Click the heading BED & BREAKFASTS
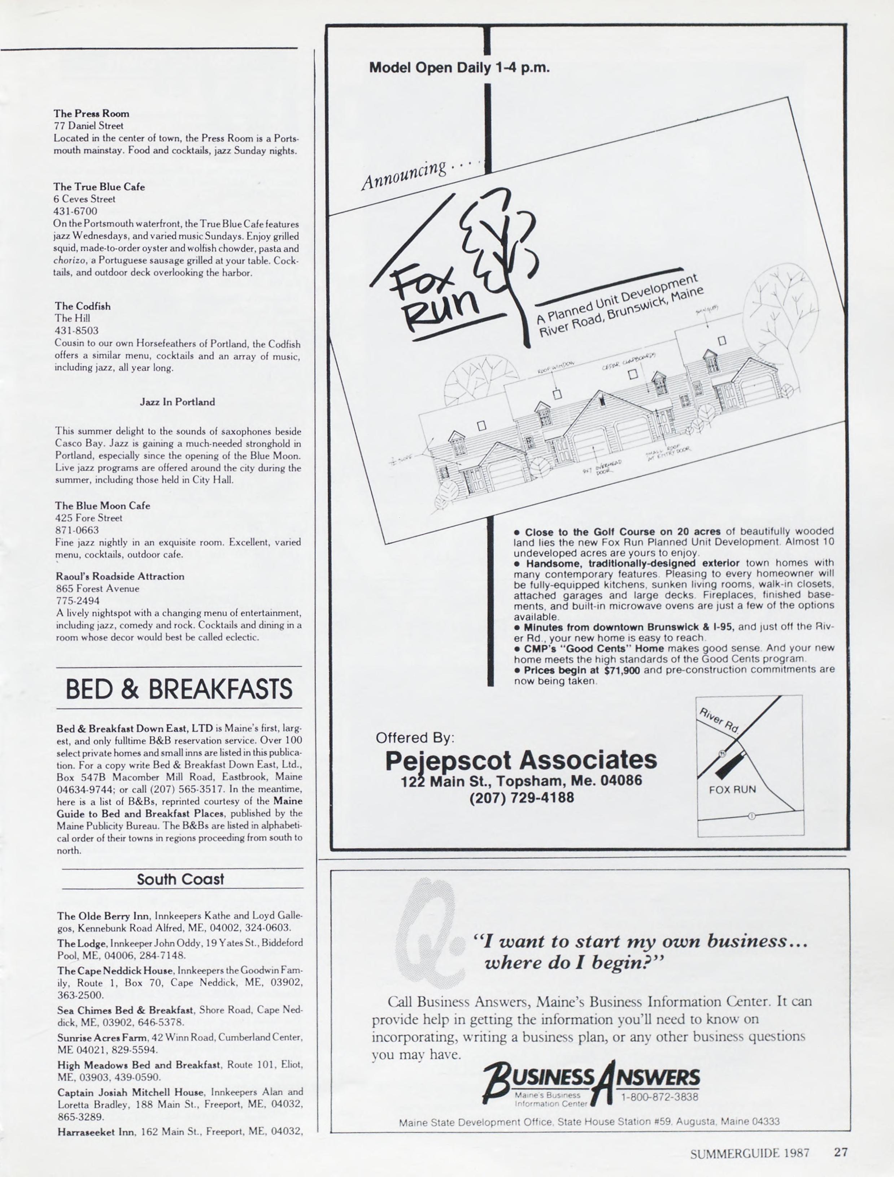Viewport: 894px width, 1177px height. [x=179, y=689]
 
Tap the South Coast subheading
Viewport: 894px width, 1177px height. [x=180, y=879]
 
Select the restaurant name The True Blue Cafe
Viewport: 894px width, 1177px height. [x=99, y=187]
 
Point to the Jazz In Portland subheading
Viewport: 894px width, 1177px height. [x=177, y=402]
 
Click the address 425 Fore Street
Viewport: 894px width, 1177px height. [x=89, y=518]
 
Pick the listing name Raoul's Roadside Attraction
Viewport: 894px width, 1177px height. [x=120, y=576]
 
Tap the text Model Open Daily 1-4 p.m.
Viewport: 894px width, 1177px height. [x=459, y=68]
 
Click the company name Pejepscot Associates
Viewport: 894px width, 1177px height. [x=521, y=760]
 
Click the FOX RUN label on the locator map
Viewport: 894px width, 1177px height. [x=732, y=789]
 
